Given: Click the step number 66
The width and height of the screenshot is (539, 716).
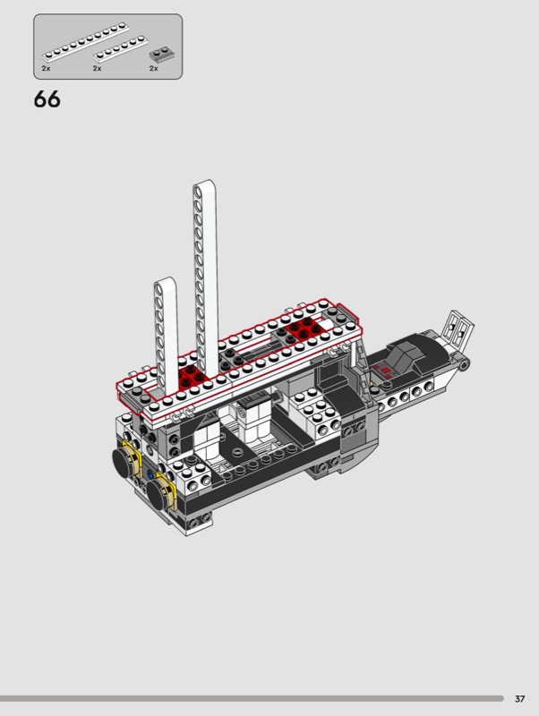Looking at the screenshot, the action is coord(47,99).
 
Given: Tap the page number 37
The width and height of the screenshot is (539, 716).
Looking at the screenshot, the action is coord(520,699).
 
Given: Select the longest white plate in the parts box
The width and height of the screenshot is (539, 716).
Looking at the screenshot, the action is coord(85,42).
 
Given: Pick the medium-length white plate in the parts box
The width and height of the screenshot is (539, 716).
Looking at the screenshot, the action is coord(121,49).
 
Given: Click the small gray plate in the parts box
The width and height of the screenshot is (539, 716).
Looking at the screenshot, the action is coord(162,54).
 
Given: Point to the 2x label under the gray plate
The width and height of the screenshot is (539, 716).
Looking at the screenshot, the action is coord(153,69).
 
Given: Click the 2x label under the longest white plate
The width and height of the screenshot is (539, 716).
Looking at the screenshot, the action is coord(47,69).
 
